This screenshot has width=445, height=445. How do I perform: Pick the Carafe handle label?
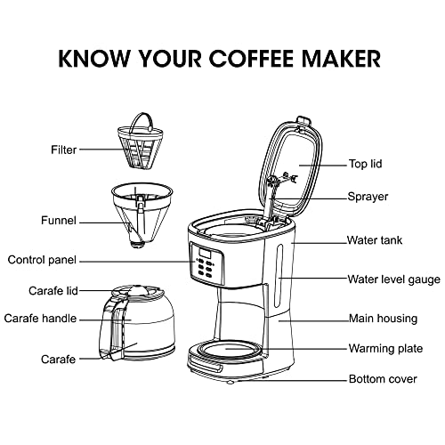[x=40, y=318]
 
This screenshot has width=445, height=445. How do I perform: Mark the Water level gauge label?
[x=393, y=279]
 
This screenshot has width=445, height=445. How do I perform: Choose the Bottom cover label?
[x=382, y=379]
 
